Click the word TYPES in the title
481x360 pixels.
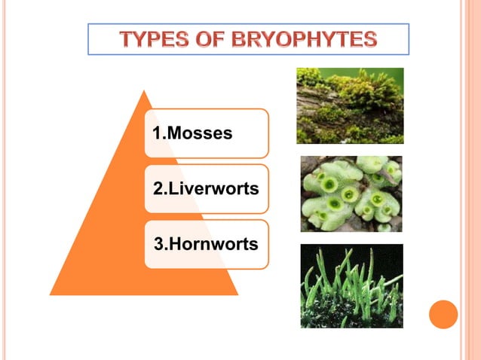[153, 39]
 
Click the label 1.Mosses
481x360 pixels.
[192, 134]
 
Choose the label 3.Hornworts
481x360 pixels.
[206, 244]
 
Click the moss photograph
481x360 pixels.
[350, 105]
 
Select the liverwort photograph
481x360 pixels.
[351, 194]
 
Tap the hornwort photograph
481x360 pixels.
[351, 285]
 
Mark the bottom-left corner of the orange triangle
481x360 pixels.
[51, 294]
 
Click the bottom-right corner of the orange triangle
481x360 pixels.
[237, 294]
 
